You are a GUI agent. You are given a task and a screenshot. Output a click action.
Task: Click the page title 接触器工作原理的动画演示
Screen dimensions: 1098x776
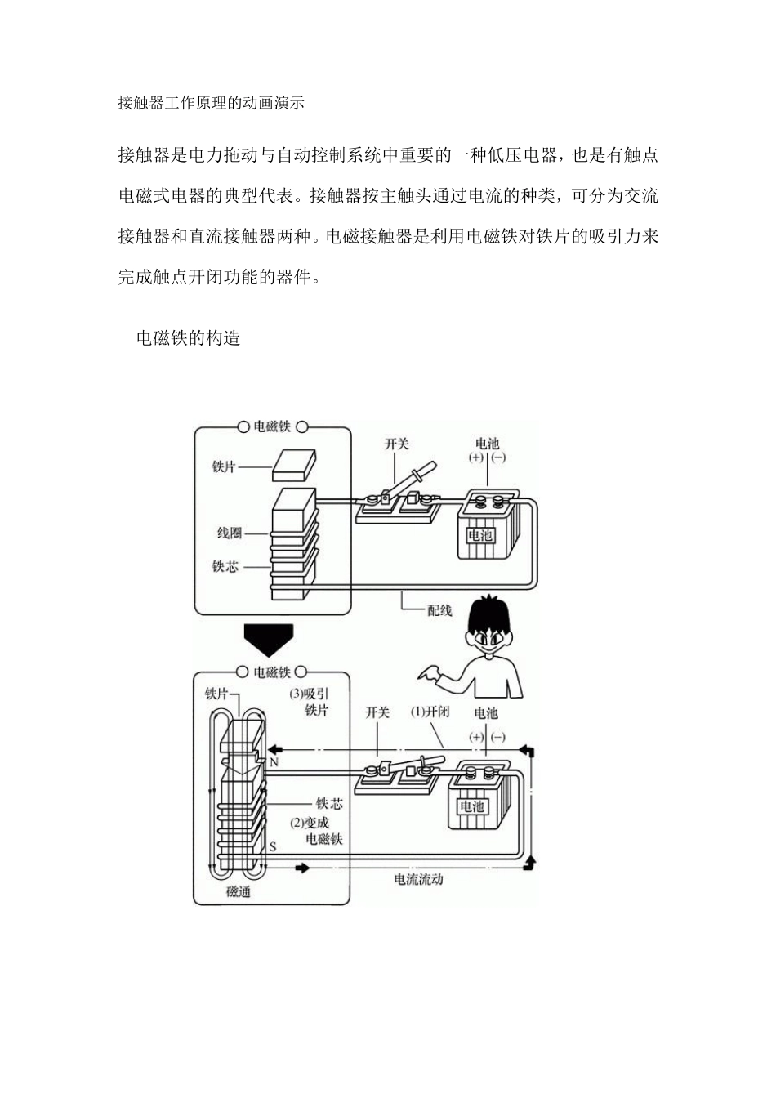211,103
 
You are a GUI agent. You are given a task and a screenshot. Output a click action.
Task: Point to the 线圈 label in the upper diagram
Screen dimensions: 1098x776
229,533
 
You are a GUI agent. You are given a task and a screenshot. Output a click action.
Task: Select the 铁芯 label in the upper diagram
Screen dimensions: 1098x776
225,566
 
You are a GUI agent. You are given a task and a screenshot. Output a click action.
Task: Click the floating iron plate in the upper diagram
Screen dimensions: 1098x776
293,464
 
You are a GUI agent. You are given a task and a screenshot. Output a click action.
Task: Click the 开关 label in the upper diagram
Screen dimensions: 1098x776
396,444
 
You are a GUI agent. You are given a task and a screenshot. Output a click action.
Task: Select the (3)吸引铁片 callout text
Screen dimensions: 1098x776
310,702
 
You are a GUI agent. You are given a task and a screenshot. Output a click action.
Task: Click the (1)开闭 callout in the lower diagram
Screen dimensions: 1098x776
430,712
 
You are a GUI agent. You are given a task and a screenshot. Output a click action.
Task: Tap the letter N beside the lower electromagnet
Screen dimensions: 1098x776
274,761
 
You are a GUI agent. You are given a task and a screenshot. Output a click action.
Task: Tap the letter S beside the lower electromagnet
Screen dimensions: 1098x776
273,847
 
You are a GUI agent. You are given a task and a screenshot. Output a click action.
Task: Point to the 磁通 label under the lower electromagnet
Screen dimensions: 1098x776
238,891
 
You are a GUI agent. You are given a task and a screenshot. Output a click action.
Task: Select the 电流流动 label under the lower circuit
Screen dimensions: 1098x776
418,879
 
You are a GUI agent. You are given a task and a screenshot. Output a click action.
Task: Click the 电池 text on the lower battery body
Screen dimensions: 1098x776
471,806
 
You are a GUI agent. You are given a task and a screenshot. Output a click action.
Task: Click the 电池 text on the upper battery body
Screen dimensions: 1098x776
479,536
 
